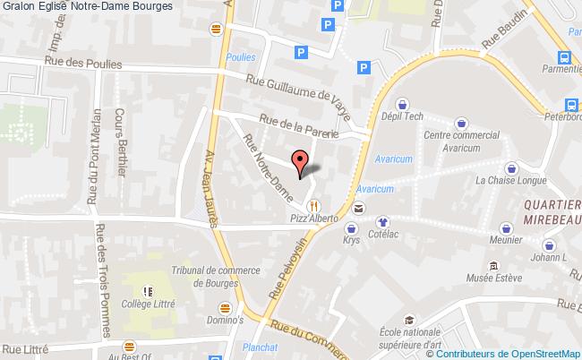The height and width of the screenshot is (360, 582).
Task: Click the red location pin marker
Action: tap(301, 161)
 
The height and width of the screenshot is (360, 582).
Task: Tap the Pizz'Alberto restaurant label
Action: tap(312, 218)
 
